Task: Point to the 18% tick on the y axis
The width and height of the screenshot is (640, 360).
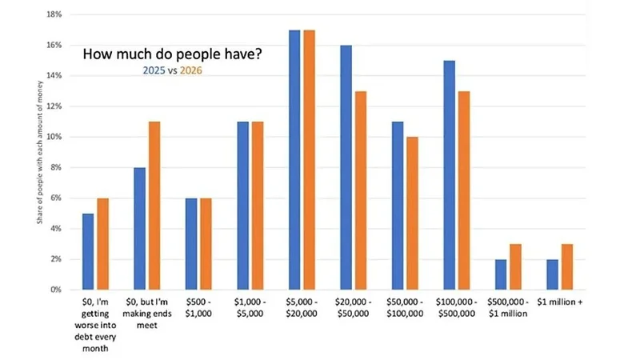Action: tap(55, 14)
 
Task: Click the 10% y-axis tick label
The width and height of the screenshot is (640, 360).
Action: tap(55, 137)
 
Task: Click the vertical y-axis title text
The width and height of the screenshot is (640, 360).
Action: tap(39, 152)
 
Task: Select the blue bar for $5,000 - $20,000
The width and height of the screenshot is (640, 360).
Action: tap(294, 160)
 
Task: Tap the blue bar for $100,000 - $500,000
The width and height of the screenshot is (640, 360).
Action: tap(450, 175)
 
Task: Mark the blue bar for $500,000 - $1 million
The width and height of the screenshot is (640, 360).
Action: tap(501, 274)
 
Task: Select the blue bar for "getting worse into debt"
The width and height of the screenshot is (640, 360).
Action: tap(88, 251)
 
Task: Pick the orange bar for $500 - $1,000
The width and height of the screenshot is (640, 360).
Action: tap(206, 244)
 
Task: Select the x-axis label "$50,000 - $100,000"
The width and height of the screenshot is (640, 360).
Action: tap(405, 309)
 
